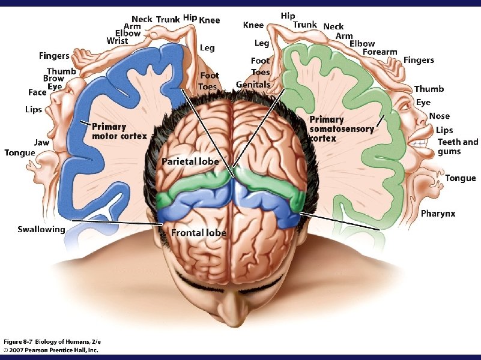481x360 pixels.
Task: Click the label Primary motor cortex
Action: point(119,131)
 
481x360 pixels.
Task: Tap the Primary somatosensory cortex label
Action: point(340,129)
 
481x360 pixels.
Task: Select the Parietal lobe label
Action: point(190,162)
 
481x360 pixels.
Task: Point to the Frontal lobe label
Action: point(199,232)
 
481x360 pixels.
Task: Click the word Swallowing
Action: point(41,229)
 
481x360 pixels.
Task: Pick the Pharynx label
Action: point(438,214)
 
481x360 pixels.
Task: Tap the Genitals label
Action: point(253,85)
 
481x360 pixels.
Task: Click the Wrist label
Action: point(117,41)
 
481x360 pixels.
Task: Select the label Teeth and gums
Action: point(458,146)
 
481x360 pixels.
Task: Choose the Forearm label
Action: point(380,52)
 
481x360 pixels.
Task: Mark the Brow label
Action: point(54,79)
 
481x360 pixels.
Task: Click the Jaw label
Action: point(41,142)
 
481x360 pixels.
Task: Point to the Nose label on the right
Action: point(440,116)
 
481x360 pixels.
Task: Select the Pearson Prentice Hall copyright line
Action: point(50,350)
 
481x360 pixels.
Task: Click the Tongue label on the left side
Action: point(20,152)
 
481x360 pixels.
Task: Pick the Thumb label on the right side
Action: point(429,89)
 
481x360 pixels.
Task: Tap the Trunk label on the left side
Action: point(168,20)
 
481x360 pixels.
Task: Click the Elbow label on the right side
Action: point(362,44)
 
